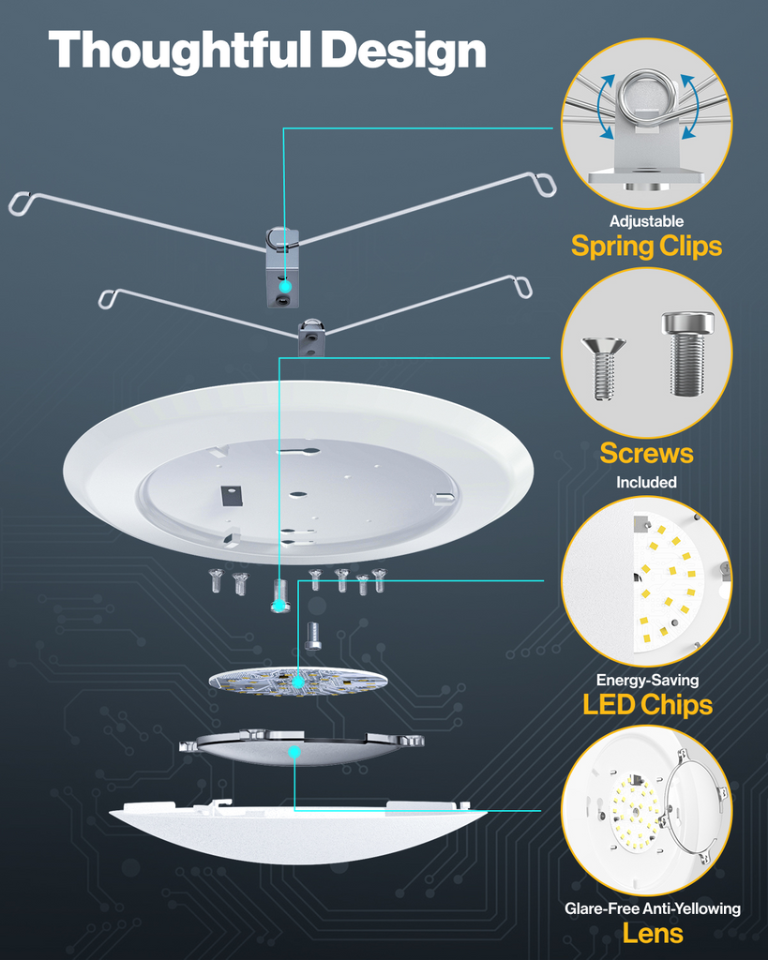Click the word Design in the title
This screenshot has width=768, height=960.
point(404,51)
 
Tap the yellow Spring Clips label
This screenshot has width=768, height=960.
point(646,247)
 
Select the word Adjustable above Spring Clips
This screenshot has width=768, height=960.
point(646,222)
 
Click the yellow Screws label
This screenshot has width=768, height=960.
point(646,454)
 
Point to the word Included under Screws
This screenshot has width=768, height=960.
point(646,483)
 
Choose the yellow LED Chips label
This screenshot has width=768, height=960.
point(646,705)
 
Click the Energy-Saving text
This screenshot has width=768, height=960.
point(646,681)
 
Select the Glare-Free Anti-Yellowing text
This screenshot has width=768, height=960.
point(652,908)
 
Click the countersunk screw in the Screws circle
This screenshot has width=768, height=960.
point(604,367)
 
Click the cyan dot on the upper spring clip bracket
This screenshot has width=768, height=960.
point(284,282)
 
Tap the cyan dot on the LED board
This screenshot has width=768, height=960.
point(298,683)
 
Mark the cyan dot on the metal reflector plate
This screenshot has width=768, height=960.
point(294,752)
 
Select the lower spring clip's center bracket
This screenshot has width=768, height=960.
point(311,337)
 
